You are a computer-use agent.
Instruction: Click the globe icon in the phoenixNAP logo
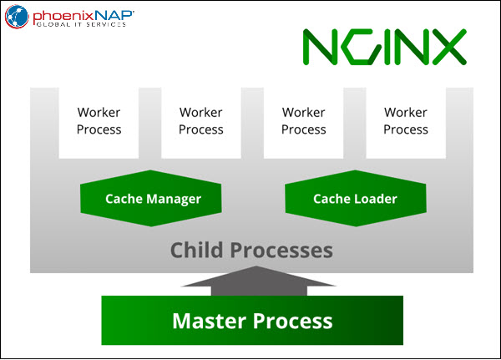pos(17,17)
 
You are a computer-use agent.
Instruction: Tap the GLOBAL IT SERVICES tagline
pos(81,24)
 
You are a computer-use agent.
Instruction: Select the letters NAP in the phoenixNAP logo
pos(114,15)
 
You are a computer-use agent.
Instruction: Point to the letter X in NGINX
pos(449,47)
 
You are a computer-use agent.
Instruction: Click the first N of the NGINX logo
pos(320,47)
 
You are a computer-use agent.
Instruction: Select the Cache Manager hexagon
pos(151,198)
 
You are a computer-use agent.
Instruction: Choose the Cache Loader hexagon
pos(356,198)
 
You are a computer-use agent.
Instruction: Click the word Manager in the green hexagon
pos(174,200)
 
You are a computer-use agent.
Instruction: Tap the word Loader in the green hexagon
pos(376,199)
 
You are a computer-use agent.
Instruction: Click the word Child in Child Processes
pos(196,250)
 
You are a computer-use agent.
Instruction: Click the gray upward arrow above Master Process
pos(259,281)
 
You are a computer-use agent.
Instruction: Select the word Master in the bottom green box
pos(210,321)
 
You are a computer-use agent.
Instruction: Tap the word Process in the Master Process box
pos(293,322)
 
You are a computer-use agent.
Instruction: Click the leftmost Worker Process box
pos(99,123)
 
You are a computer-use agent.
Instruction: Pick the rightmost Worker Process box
pos(406,123)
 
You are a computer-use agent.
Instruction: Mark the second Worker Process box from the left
pos(201,123)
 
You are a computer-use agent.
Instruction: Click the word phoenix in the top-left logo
pos(63,16)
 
